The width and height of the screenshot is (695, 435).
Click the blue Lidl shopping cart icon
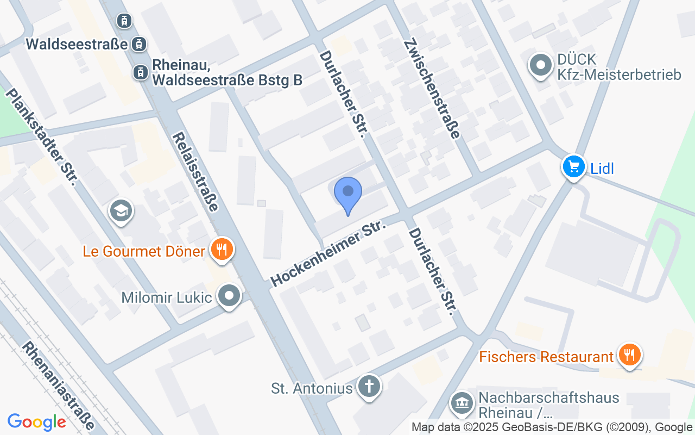click(x=573, y=166)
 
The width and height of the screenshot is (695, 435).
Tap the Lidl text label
click(x=602, y=169)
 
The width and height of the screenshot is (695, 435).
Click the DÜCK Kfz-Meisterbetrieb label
click(x=619, y=66)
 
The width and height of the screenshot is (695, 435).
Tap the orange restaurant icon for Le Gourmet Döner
click(x=221, y=250)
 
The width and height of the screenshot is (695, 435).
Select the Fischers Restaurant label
click(x=546, y=357)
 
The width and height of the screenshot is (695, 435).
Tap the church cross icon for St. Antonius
click(x=369, y=387)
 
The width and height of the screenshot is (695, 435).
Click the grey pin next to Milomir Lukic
click(x=229, y=296)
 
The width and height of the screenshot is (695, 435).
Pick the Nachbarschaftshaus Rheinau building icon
click(x=462, y=403)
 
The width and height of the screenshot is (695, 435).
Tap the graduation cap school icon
click(x=121, y=210)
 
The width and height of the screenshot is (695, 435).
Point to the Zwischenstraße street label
click(x=432, y=88)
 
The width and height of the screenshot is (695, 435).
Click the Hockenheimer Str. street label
click(x=328, y=253)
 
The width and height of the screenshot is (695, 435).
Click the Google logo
click(x=36, y=422)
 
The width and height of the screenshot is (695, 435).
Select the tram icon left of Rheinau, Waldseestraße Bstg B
click(x=140, y=72)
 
